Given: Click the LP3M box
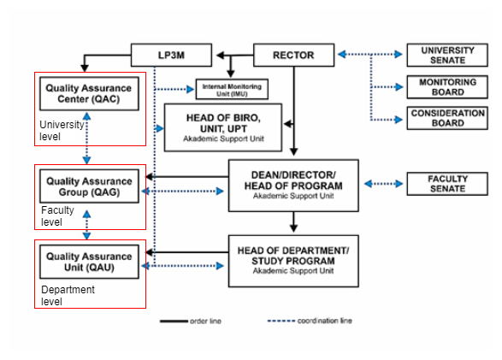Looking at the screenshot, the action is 171,55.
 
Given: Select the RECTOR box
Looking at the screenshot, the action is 293,55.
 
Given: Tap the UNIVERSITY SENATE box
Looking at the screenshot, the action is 447,55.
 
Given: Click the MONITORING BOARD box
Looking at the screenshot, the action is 447,86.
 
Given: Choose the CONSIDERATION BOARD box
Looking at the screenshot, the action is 447,118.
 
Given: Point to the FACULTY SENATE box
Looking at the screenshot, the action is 447,184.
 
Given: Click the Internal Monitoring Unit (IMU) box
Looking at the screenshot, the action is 232,89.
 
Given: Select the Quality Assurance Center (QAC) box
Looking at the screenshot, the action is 89,93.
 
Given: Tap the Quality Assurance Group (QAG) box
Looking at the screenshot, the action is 89,186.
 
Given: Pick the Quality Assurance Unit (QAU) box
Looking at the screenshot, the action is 89,262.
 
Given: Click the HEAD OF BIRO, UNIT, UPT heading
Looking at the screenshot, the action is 223,123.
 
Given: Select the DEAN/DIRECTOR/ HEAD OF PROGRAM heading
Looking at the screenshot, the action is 293,180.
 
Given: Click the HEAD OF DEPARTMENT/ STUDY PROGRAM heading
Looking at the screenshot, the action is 293,256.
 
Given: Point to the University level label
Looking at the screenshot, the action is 62,130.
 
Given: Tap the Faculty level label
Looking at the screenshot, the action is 57,216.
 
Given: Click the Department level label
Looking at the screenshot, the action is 68,295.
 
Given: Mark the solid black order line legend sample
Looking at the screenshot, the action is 174,321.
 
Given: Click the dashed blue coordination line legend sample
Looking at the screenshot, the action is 281,321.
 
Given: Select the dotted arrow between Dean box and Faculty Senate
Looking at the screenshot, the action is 383,184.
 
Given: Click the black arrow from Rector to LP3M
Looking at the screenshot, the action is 234,56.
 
